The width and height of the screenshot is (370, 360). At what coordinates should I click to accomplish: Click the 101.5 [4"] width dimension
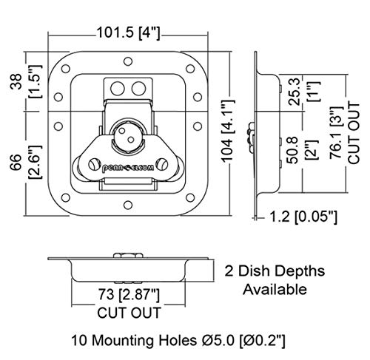[x=128, y=33]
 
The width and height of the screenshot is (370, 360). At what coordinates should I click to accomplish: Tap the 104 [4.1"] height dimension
[x=228, y=131]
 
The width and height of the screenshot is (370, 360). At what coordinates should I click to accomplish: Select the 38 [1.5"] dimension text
[x=25, y=82]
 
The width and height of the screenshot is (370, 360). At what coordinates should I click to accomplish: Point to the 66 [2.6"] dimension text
[x=25, y=162]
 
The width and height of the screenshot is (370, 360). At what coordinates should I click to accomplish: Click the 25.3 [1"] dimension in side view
[x=304, y=91]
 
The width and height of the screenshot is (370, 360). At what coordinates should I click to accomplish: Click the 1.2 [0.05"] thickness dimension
[x=303, y=217]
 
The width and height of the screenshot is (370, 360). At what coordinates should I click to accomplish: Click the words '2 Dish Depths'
[x=275, y=271]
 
